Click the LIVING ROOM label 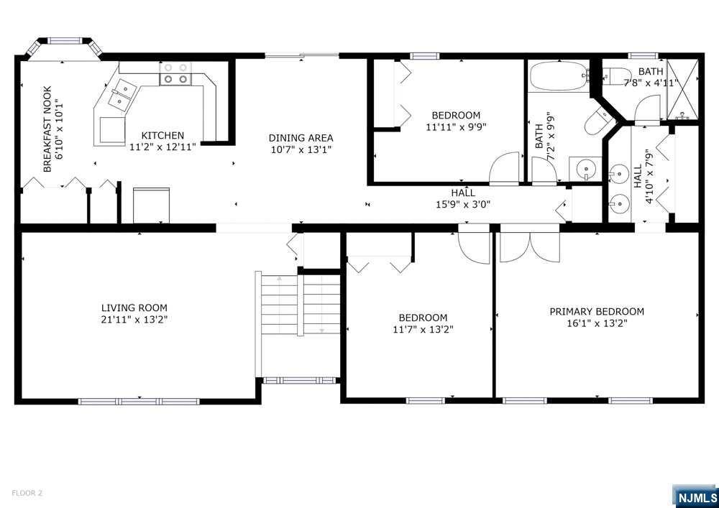pyautogui.click(x=134, y=308)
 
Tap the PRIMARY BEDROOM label pyautogui.click(x=597, y=312)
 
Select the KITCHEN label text pyautogui.click(x=162, y=136)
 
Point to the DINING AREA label pyautogui.click(x=301, y=138)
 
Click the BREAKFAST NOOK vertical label pyautogui.click(x=47, y=129)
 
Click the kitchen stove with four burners pyautogui.click(x=175, y=73)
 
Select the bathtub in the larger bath pyautogui.click(x=559, y=76)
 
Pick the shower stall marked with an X pyautogui.click(x=682, y=89)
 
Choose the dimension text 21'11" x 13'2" pyautogui.click(x=134, y=319)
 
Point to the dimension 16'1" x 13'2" pyautogui.click(x=597, y=323)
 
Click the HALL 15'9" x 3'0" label pyautogui.click(x=463, y=199)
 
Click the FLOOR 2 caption pyautogui.click(x=27, y=494)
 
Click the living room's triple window pyautogui.click(x=139, y=401)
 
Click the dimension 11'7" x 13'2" pyautogui.click(x=423, y=329)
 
